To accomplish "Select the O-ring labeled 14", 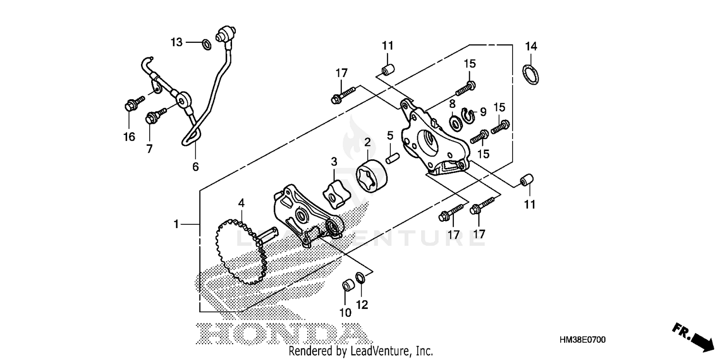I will coord(530,75).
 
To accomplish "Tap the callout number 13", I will coord(177,42).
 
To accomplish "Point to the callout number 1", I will coord(177,224).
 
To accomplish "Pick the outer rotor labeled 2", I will coord(371,177).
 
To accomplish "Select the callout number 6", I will coord(195,167).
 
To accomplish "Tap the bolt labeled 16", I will coord(131,104).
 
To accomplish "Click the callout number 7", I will coord(149,149).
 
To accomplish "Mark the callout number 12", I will coord(362,304).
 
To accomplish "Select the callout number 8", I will coord(452,103).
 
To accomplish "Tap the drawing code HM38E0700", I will coord(582,340).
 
